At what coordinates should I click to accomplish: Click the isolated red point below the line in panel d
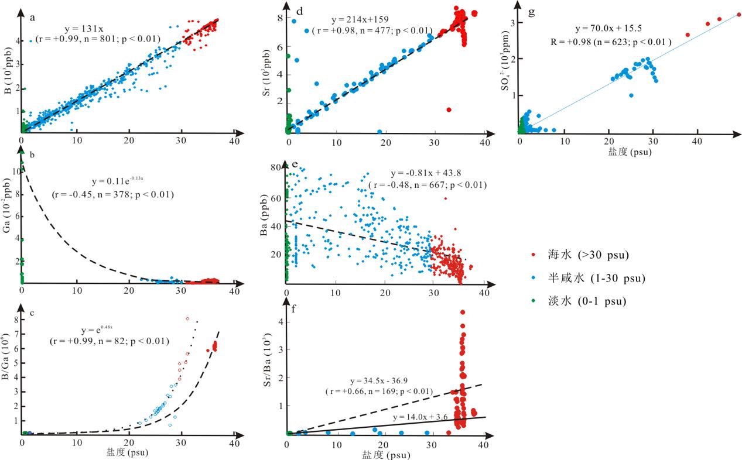pyautogui.click(x=449, y=109)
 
